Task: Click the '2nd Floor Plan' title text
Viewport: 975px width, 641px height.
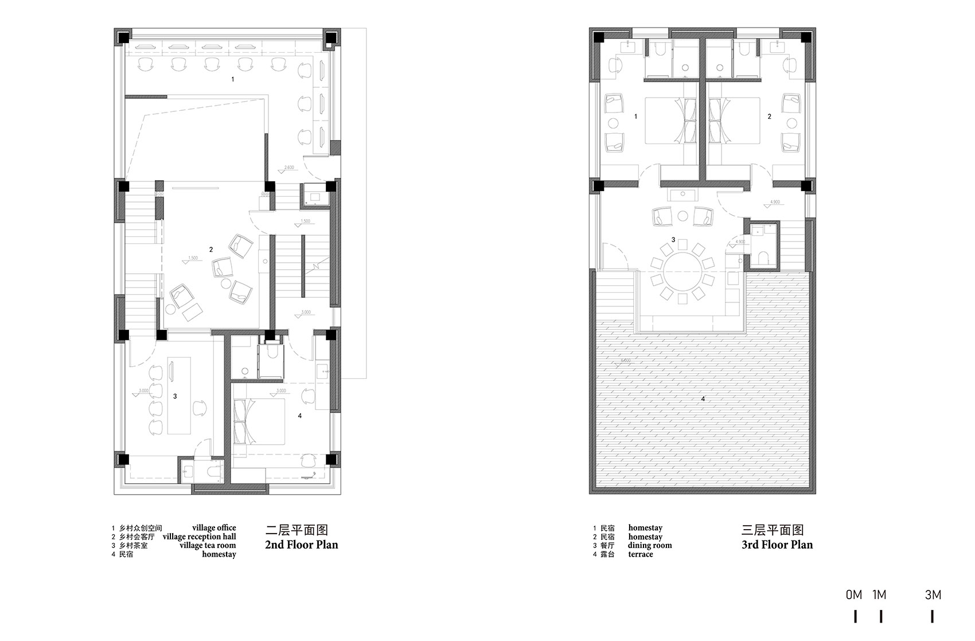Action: (302, 545)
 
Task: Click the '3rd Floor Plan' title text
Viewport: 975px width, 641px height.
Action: (777, 545)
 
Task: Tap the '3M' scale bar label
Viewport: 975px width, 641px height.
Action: (933, 595)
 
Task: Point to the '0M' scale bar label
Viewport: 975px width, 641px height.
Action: (854, 595)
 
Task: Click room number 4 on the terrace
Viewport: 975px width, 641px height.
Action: (703, 399)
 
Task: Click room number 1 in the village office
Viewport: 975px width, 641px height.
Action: (232, 79)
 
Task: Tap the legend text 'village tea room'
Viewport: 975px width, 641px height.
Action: (208, 545)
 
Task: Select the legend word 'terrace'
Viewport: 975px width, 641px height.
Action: (641, 554)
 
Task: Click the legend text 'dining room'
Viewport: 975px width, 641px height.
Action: (649, 545)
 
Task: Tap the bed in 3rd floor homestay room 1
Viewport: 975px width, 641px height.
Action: (668, 120)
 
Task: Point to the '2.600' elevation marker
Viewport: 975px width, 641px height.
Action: (289, 168)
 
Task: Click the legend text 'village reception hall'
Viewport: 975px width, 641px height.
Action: (199, 537)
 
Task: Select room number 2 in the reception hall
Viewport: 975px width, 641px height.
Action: (211, 250)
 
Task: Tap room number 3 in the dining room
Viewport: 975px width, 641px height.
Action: (673, 239)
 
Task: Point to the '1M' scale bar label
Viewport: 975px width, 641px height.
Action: (879, 595)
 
